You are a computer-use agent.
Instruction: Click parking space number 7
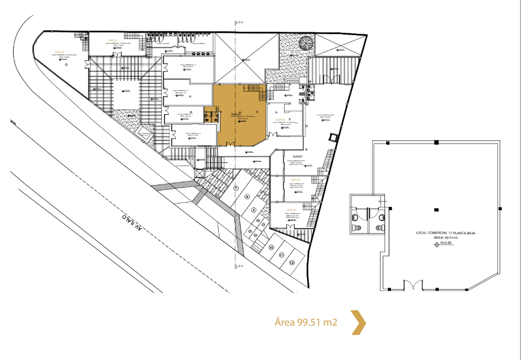(236, 188)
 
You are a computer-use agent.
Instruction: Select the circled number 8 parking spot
(247, 196)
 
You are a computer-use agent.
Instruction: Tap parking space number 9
(254, 210)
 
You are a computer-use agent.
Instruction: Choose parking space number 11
(281, 255)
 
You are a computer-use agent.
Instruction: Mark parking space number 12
(292, 262)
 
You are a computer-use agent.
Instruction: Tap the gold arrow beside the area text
(359, 322)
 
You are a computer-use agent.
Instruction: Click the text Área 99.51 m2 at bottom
(305, 323)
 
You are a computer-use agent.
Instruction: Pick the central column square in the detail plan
(435, 209)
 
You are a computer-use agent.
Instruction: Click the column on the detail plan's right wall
(500, 209)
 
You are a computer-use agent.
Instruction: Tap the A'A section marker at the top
(239, 23)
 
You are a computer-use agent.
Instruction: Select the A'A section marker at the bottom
(239, 267)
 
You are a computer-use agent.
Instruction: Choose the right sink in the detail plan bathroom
(380, 225)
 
